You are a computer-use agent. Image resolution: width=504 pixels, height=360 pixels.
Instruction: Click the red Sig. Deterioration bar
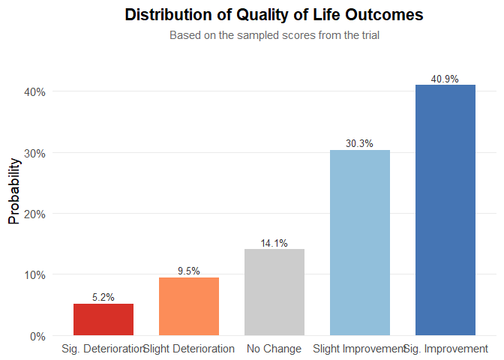(x=103, y=319)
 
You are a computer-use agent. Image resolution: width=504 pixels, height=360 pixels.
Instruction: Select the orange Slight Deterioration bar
(x=189, y=306)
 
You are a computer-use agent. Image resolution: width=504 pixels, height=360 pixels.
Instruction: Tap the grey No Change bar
(x=274, y=292)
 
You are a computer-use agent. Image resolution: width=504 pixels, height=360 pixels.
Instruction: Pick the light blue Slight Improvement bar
(x=360, y=243)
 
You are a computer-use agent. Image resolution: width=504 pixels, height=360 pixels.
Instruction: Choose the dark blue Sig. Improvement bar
(x=445, y=210)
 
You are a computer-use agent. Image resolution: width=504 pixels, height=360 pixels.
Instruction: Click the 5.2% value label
(x=103, y=298)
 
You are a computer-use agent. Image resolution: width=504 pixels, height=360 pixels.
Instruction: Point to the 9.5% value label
(x=189, y=271)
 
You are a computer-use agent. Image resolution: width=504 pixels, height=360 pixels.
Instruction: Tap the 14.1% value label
(x=274, y=243)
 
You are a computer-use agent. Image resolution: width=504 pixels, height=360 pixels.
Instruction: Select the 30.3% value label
(x=360, y=144)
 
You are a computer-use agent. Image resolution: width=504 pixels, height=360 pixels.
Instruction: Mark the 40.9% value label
(x=445, y=79)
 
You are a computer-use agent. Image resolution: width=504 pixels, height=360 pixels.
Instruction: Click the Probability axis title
(x=14, y=190)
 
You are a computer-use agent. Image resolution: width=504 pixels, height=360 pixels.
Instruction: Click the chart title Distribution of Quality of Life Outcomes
(x=274, y=15)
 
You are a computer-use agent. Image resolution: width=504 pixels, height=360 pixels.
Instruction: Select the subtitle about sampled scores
(x=274, y=35)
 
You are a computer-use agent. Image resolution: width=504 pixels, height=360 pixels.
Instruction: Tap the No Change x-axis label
(x=274, y=349)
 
